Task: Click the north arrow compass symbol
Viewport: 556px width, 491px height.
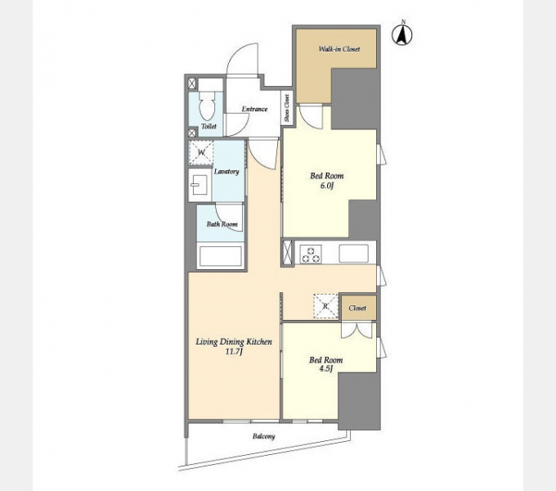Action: click(402, 34)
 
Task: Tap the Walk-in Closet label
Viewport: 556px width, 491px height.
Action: click(339, 49)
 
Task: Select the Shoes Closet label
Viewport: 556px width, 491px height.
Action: click(286, 108)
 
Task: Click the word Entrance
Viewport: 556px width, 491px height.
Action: click(254, 109)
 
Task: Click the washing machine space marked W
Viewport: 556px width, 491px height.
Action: click(201, 153)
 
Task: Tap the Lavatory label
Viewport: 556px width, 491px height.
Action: click(226, 172)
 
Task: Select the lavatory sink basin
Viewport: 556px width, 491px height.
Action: click(200, 185)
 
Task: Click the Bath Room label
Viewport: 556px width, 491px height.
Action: click(222, 224)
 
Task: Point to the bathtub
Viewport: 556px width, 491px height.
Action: click(221, 256)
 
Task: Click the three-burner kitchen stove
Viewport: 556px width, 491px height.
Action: click(311, 254)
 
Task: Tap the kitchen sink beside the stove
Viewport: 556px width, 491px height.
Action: click(353, 254)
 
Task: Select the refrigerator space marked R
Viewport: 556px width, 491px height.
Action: click(325, 306)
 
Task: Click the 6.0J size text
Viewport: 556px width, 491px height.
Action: click(326, 186)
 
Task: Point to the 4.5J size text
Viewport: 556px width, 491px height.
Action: click(326, 369)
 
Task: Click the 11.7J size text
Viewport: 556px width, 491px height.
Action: click(234, 352)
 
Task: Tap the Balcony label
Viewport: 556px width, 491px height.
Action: click(264, 436)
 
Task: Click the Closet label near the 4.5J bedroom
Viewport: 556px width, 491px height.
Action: click(357, 308)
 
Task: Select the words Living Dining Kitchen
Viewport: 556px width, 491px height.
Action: click(234, 342)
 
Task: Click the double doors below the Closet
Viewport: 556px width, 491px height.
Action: click(356, 330)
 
